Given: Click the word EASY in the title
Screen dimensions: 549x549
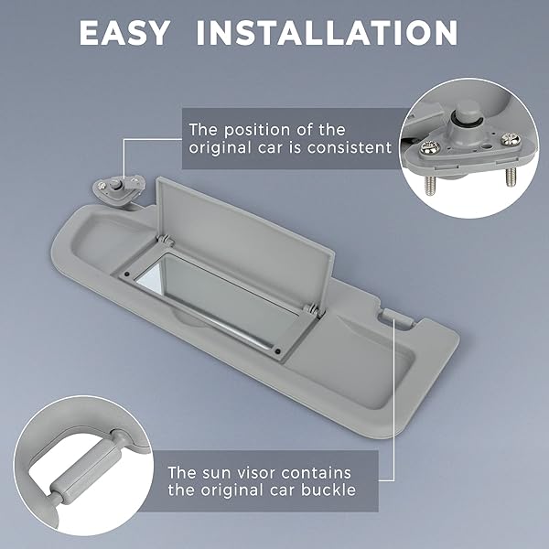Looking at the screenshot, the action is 124,33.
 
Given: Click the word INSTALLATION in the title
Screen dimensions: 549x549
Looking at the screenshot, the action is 328,33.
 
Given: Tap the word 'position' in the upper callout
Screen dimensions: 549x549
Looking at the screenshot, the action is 257,130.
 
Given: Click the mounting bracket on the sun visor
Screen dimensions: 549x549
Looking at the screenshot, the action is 118,187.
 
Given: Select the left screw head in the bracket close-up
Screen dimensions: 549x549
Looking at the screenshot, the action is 428,147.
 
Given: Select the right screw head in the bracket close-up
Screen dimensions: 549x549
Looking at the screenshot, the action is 509,139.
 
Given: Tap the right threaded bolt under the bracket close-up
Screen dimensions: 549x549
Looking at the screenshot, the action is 511,177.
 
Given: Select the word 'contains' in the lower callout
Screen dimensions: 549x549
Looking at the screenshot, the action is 316,473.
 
